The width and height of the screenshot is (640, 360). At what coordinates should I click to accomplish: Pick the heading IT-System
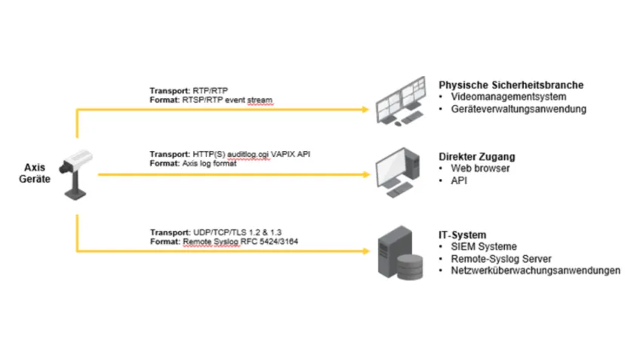(x=463, y=235)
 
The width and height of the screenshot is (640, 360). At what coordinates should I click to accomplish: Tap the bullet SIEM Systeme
(x=484, y=247)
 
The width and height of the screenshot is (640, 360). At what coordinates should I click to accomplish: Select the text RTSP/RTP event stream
(x=227, y=99)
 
